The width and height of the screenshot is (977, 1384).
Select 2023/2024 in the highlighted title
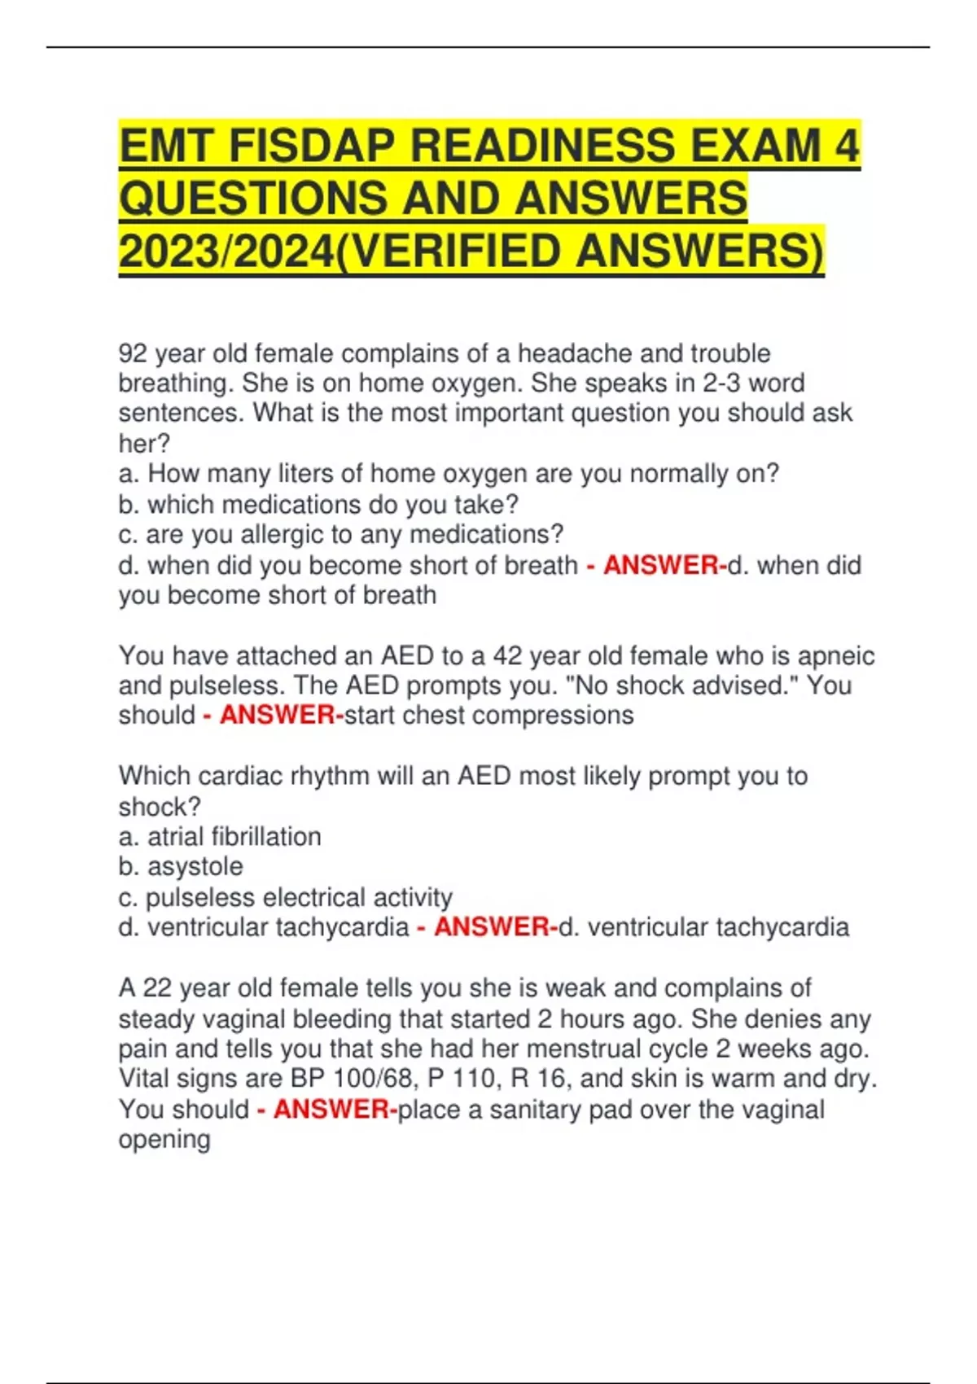tap(226, 251)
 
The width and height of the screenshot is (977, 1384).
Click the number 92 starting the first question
tap(132, 353)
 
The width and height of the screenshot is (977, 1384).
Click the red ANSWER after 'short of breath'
tap(661, 565)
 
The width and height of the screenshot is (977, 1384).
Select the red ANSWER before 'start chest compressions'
tap(278, 715)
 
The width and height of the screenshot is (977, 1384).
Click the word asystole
tap(195, 866)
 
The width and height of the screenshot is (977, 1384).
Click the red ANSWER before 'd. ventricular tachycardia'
tap(492, 926)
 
